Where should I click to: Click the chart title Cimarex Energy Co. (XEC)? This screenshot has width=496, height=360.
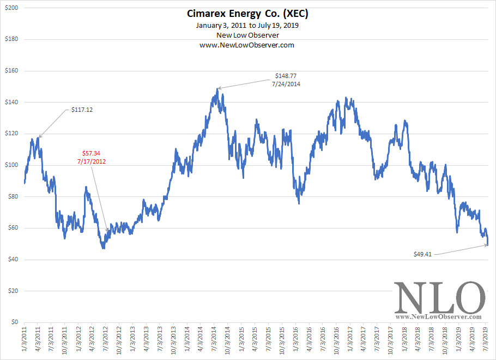point(247,13)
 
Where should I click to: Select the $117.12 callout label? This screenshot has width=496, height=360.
point(82,110)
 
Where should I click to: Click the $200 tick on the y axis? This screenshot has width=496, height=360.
point(11,8)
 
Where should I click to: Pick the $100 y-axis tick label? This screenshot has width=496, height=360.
point(11,165)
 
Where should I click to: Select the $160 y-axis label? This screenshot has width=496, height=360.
point(11,71)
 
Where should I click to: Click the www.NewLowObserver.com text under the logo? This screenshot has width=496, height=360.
point(439,316)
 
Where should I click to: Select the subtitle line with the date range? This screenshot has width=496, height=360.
point(247,26)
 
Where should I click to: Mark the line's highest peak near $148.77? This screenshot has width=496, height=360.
point(217,89)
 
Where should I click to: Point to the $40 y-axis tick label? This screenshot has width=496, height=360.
point(13,260)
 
